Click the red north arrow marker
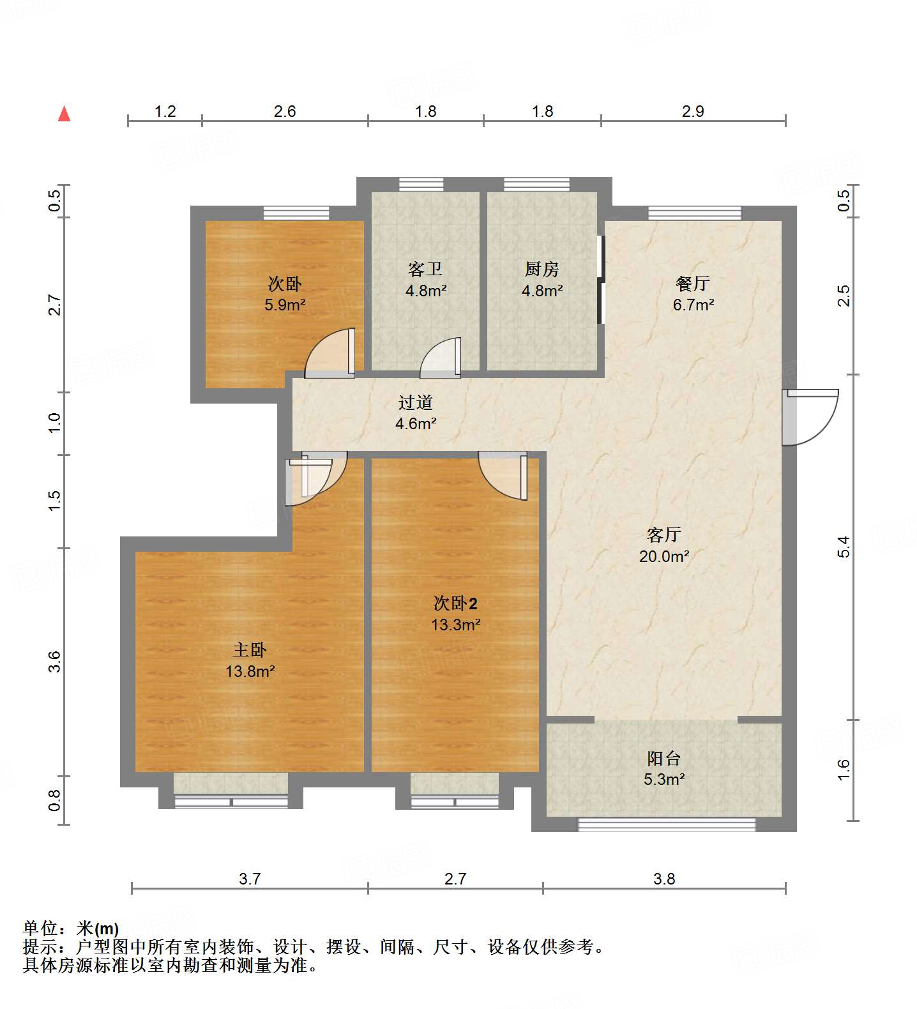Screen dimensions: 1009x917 [64, 114]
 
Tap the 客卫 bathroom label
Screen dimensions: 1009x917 [425, 269]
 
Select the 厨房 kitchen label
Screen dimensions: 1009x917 [542, 269]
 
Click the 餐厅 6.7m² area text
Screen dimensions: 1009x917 [693, 305]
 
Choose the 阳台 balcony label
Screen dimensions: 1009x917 [664, 759]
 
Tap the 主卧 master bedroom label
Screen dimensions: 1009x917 [250, 650]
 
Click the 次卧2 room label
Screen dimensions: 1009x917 [455, 603]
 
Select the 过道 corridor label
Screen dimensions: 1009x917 [416, 402]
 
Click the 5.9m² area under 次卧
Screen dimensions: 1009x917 [285, 305]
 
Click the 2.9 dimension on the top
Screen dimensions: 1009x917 [693, 112]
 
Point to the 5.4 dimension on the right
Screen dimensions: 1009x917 [844, 547]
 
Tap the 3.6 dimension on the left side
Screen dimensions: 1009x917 [55, 661]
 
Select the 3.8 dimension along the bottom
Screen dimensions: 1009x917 [664, 879]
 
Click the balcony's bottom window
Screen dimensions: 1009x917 [666, 825]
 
